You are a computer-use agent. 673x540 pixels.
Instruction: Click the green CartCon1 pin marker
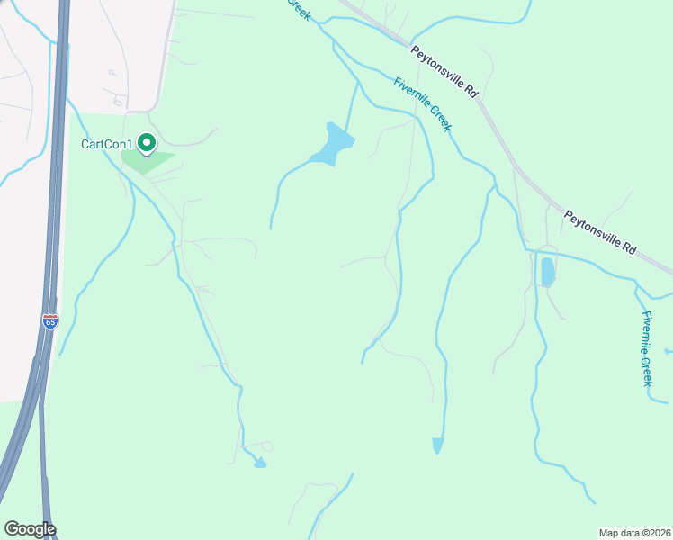tap(146, 142)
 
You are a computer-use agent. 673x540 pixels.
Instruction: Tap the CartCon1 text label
tap(107, 144)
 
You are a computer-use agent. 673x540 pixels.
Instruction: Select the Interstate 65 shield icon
tap(49, 320)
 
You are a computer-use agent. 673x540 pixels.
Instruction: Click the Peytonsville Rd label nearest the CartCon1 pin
tap(444, 70)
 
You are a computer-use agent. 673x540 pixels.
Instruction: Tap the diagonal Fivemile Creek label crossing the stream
tap(422, 104)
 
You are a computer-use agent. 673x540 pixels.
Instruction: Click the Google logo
tap(30, 529)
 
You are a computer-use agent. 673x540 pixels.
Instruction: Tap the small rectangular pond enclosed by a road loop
tap(547, 271)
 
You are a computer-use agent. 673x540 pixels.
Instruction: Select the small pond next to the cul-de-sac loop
tap(260, 463)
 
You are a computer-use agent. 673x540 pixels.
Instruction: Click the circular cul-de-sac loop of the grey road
tap(266, 446)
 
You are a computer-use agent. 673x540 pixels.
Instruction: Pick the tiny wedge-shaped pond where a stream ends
tap(437, 445)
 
